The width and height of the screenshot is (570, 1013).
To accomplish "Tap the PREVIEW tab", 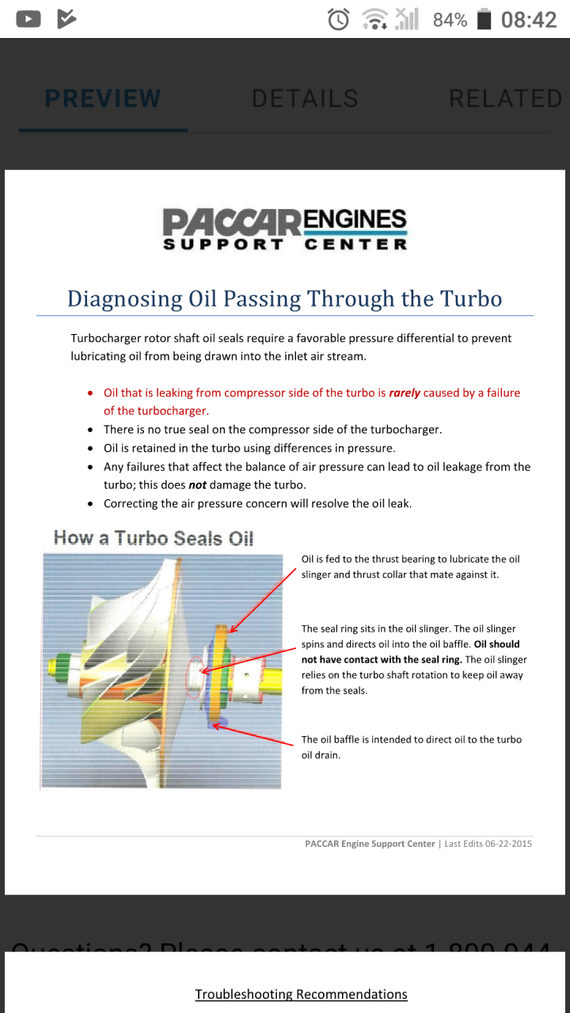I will pyautogui.click(x=103, y=99).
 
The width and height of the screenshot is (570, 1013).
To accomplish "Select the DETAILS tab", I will pyautogui.click(x=305, y=99).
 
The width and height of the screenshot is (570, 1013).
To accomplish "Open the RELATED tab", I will pyautogui.click(x=505, y=99).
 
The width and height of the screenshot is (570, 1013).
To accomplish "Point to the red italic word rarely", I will pyautogui.click(x=405, y=393).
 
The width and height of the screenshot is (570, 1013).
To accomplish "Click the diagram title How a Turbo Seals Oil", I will pyautogui.click(x=154, y=538).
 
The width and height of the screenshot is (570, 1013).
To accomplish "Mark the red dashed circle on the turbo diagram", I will pyautogui.click(x=193, y=673).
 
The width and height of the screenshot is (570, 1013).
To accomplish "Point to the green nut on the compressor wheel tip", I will pyautogui.click(x=55, y=663).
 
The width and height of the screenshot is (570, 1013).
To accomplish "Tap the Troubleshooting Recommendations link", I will pyautogui.click(x=301, y=994).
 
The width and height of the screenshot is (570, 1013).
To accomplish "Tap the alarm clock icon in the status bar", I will pyautogui.click(x=339, y=19).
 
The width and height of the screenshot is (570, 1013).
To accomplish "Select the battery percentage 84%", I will pyautogui.click(x=450, y=20).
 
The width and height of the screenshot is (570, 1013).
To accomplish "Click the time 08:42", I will pyautogui.click(x=529, y=20).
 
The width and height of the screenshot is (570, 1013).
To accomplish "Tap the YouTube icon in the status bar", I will pyautogui.click(x=28, y=19).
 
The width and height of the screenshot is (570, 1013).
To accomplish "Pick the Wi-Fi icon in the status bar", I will pyautogui.click(x=374, y=19).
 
